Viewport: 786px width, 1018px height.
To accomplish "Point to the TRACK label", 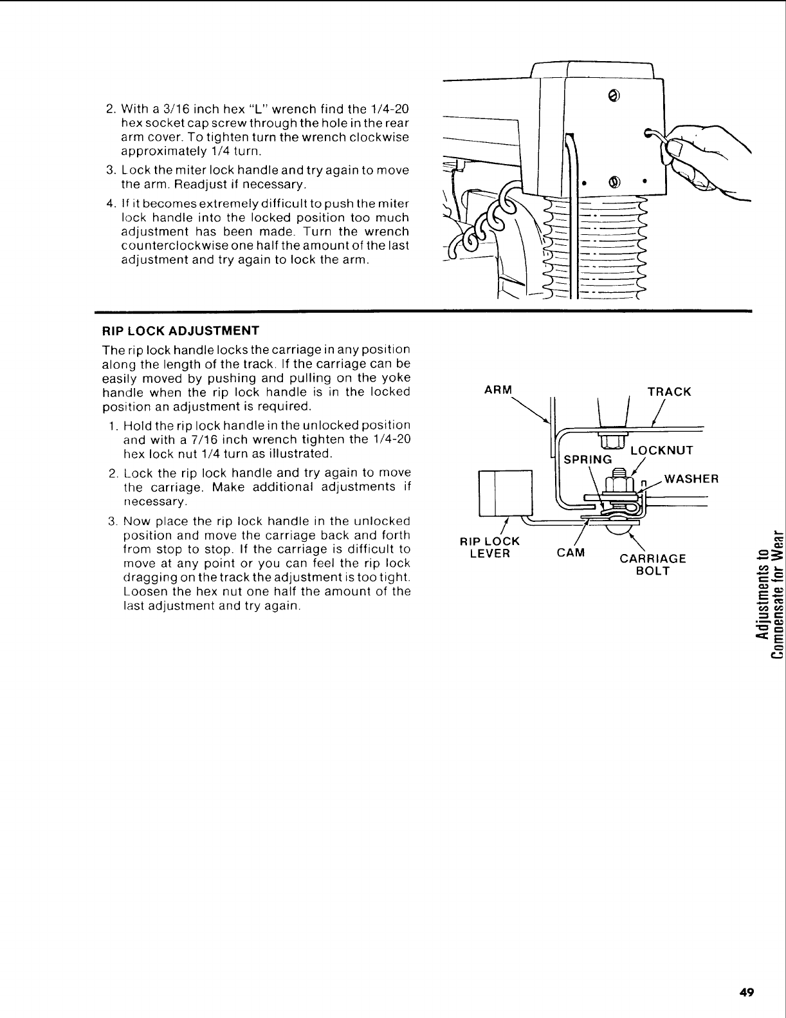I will (x=669, y=391).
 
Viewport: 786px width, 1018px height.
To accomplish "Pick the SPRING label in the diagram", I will (x=588, y=459).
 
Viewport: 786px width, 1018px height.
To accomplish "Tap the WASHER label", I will (x=691, y=479).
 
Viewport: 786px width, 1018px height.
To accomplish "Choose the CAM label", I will (x=571, y=553).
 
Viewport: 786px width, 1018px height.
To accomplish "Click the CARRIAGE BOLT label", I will (x=653, y=564).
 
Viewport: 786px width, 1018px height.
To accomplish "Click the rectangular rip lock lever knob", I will (x=506, y=492).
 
